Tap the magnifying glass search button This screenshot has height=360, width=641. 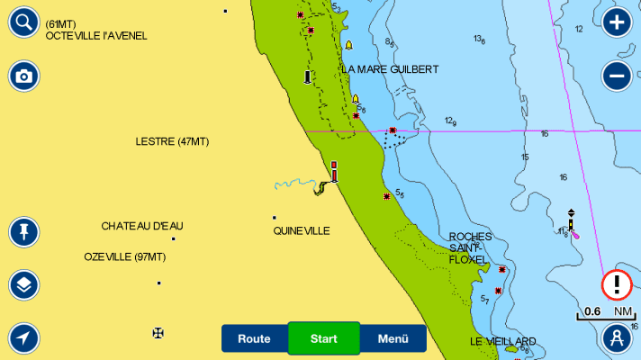pos(24,22)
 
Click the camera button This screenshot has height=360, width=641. pos(24,76)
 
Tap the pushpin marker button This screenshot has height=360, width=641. pos(24,232)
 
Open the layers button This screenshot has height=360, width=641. pos(24,285)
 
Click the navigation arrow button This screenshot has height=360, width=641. pos(24,338)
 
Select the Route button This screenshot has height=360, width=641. pos(254,338)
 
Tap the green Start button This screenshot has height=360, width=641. pos(324,338)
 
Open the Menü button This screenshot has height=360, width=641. pos(393,338)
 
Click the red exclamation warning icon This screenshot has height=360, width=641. pos(617,285)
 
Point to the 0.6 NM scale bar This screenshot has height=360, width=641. pos(608,313)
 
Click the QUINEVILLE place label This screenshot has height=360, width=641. pos(302,230)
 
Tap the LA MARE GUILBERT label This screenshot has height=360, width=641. pos(390,69)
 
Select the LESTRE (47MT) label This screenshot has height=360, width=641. pos(172,141)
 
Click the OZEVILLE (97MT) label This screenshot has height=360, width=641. pos(125,256)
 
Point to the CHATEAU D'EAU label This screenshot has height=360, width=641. pos(142,225)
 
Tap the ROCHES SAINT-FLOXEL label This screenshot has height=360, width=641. pos(470,247)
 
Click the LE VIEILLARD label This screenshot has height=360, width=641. pos(502,341)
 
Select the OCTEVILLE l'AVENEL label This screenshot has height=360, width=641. pos(95,36)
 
